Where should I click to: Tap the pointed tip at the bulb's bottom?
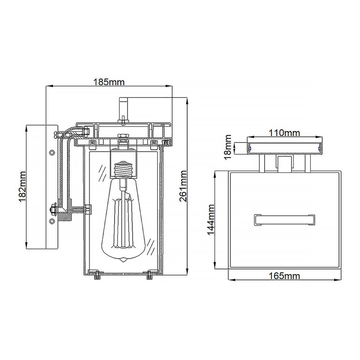point(123,261)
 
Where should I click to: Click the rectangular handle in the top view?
point(284,220)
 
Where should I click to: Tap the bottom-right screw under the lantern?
point(151,275)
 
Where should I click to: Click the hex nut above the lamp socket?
point(124,136)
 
